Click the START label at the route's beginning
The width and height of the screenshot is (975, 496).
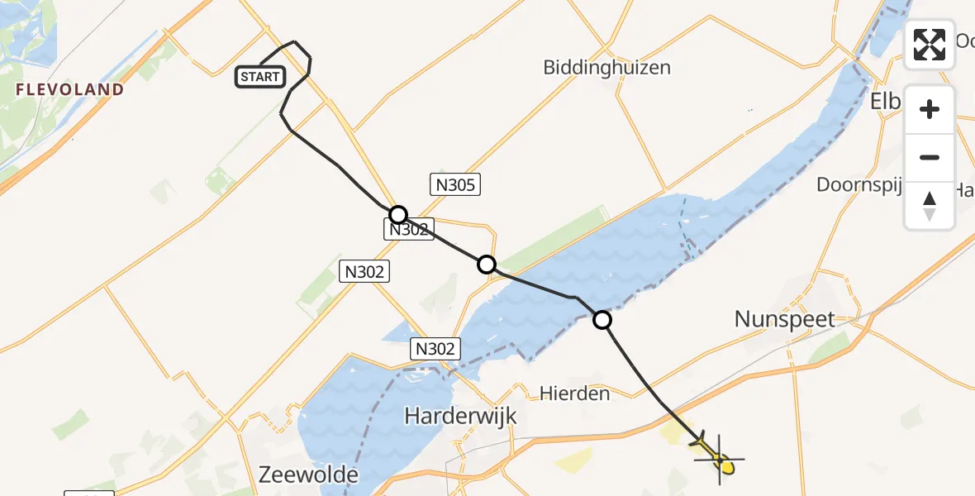(260, 78)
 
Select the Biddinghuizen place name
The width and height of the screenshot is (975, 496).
(606, 68)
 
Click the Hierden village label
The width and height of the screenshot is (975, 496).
(574, 393)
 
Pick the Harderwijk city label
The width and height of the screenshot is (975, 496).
(460, 416)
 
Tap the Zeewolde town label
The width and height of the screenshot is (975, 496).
(308, 475)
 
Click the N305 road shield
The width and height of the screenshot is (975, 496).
(454, 184)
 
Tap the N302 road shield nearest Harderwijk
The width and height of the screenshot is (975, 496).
(435, 350)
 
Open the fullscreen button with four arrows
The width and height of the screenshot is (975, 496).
(930, 45)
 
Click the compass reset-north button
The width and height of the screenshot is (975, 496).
(930, 205)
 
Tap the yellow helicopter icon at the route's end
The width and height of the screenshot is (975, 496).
(717, 455)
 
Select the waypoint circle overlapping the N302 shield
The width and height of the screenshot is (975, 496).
(398, 215)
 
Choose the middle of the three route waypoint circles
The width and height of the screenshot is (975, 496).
(487, 265)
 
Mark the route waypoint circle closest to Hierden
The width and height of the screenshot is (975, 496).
(603, 320)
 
